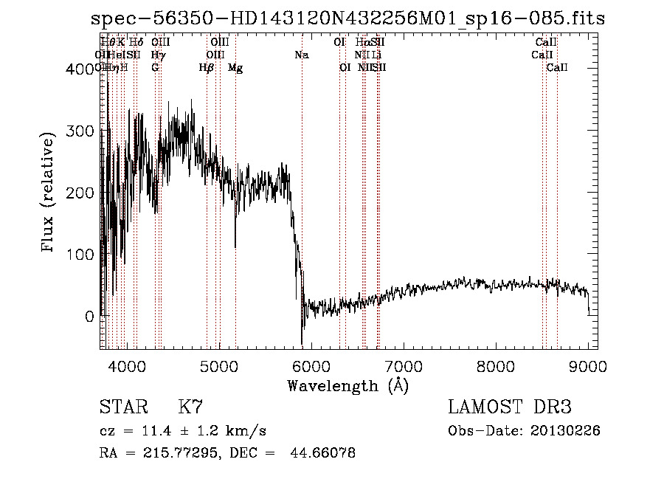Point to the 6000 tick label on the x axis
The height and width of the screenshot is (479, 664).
coord(311,367)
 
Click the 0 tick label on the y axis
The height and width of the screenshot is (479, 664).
coord(89,316)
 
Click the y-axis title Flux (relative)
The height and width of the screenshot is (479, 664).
coord(49,193)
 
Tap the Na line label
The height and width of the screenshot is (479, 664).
coord(301,55)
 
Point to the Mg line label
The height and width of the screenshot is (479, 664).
coord(235,68)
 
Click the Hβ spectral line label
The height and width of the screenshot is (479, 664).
coord(207,68)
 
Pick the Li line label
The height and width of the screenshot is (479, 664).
coord(376,55)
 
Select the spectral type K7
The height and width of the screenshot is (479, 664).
coord(190,407)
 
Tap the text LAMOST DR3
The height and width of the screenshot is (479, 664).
coord(509,407)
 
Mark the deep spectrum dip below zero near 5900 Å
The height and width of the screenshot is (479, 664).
coord(302,341)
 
